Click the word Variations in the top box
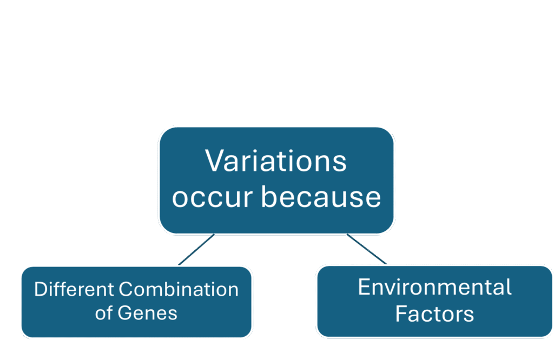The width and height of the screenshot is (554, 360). click(x=275, y=161)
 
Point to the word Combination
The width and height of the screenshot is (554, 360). click(x=179, y=289)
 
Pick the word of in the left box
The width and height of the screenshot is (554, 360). click(x=103, y=313)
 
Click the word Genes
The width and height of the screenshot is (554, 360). click(x=147, y=313)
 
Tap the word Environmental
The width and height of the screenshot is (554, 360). click(x=434, y=286)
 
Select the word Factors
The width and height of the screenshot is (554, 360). click(x=434, y=314)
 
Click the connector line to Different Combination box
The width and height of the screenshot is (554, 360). click(x=196, y=249)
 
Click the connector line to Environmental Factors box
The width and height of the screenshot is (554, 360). click(x=367, y=249)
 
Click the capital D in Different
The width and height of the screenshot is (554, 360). click(x=41, y=289)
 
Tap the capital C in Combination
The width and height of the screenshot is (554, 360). click(x=126, y=289)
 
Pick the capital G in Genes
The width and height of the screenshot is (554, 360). click(x=125, y=313)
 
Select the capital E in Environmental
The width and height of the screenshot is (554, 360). click(x=364, y=286)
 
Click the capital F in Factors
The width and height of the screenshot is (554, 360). click(x=401, y=314)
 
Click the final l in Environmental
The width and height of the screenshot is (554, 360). click(x=510, y=286)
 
